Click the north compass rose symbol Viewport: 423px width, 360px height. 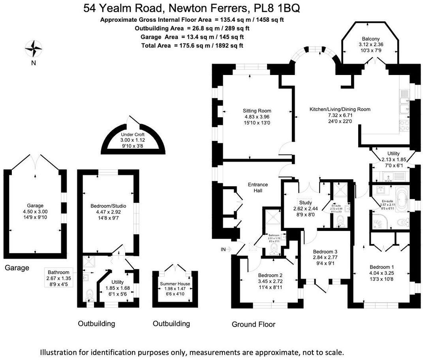34,49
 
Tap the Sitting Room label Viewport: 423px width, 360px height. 257,111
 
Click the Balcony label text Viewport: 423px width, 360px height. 371,39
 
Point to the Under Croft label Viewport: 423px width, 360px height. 132,135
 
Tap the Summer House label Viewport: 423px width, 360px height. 175,284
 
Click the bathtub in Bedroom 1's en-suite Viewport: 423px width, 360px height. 401,202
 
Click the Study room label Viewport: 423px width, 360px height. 305,202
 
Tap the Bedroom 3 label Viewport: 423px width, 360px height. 325,251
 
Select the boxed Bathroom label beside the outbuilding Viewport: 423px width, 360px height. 58,272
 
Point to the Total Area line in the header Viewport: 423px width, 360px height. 192,45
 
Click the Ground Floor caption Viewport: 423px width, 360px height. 253,324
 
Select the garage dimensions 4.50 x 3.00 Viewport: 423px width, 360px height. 35,211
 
